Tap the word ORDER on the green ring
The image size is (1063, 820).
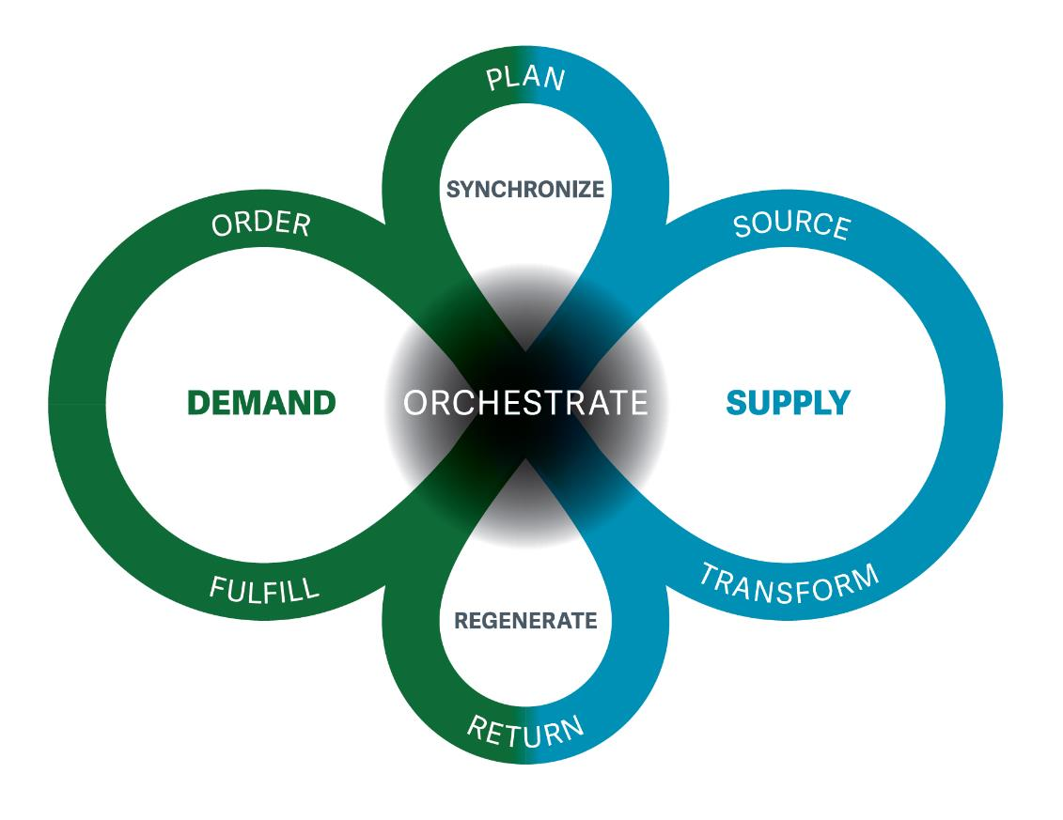tap(260, 226)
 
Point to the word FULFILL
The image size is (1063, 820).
tap(264, 589)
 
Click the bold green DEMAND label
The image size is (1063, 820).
tap(261, 403)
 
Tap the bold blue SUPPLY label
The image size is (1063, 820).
tap(788, 403)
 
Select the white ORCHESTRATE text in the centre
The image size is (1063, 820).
tap(525, 403)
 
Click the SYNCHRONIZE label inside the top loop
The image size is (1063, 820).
tap(525, 190)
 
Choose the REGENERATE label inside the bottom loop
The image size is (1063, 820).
tap(525, 621)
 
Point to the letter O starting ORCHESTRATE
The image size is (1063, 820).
tap(415, 403)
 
